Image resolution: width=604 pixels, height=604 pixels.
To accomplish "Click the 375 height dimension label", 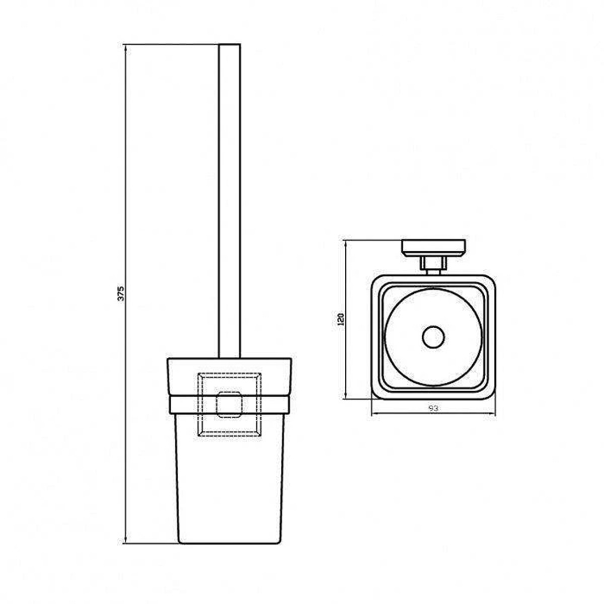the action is (x=121, y=293).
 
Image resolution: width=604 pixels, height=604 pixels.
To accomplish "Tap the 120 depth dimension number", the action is (x=341, y=319).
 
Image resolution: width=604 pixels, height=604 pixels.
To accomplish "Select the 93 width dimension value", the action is (x=433, y=408).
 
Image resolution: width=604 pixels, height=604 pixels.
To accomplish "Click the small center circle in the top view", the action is (x=433, y=338).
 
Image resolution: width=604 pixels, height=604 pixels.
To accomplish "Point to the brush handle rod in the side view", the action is (x=230, y=201).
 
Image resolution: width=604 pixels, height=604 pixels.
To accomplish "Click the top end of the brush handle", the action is (x=230, y=44).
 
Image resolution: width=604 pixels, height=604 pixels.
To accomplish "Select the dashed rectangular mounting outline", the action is (x=230, y=404).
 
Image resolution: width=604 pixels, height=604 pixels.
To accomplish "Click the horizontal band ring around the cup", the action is (x=230, y=404).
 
